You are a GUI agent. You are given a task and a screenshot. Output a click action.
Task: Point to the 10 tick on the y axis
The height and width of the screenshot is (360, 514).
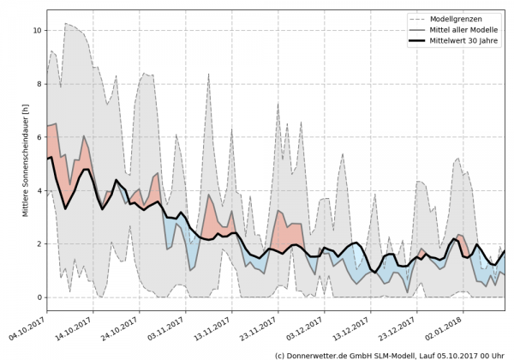point(37,30)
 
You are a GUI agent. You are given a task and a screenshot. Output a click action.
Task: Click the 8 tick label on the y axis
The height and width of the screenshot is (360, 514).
point(39,84)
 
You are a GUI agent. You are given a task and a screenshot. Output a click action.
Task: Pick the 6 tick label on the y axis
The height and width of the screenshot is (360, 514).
point(39,137)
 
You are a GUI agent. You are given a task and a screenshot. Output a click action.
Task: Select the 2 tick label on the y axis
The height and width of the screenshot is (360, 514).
point(39,244)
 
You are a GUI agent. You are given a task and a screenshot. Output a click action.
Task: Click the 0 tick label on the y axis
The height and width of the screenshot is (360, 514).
point(39,297)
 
